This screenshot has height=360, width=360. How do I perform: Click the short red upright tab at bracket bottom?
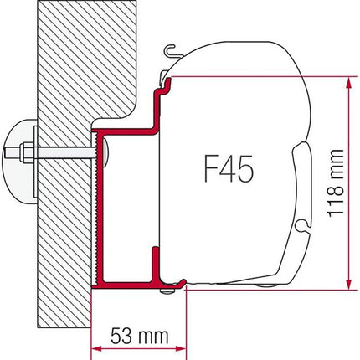pyautogui.click(x=154, y=263)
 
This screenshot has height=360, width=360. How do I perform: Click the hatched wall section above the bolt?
pyautogui.click(x=59, y=75)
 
